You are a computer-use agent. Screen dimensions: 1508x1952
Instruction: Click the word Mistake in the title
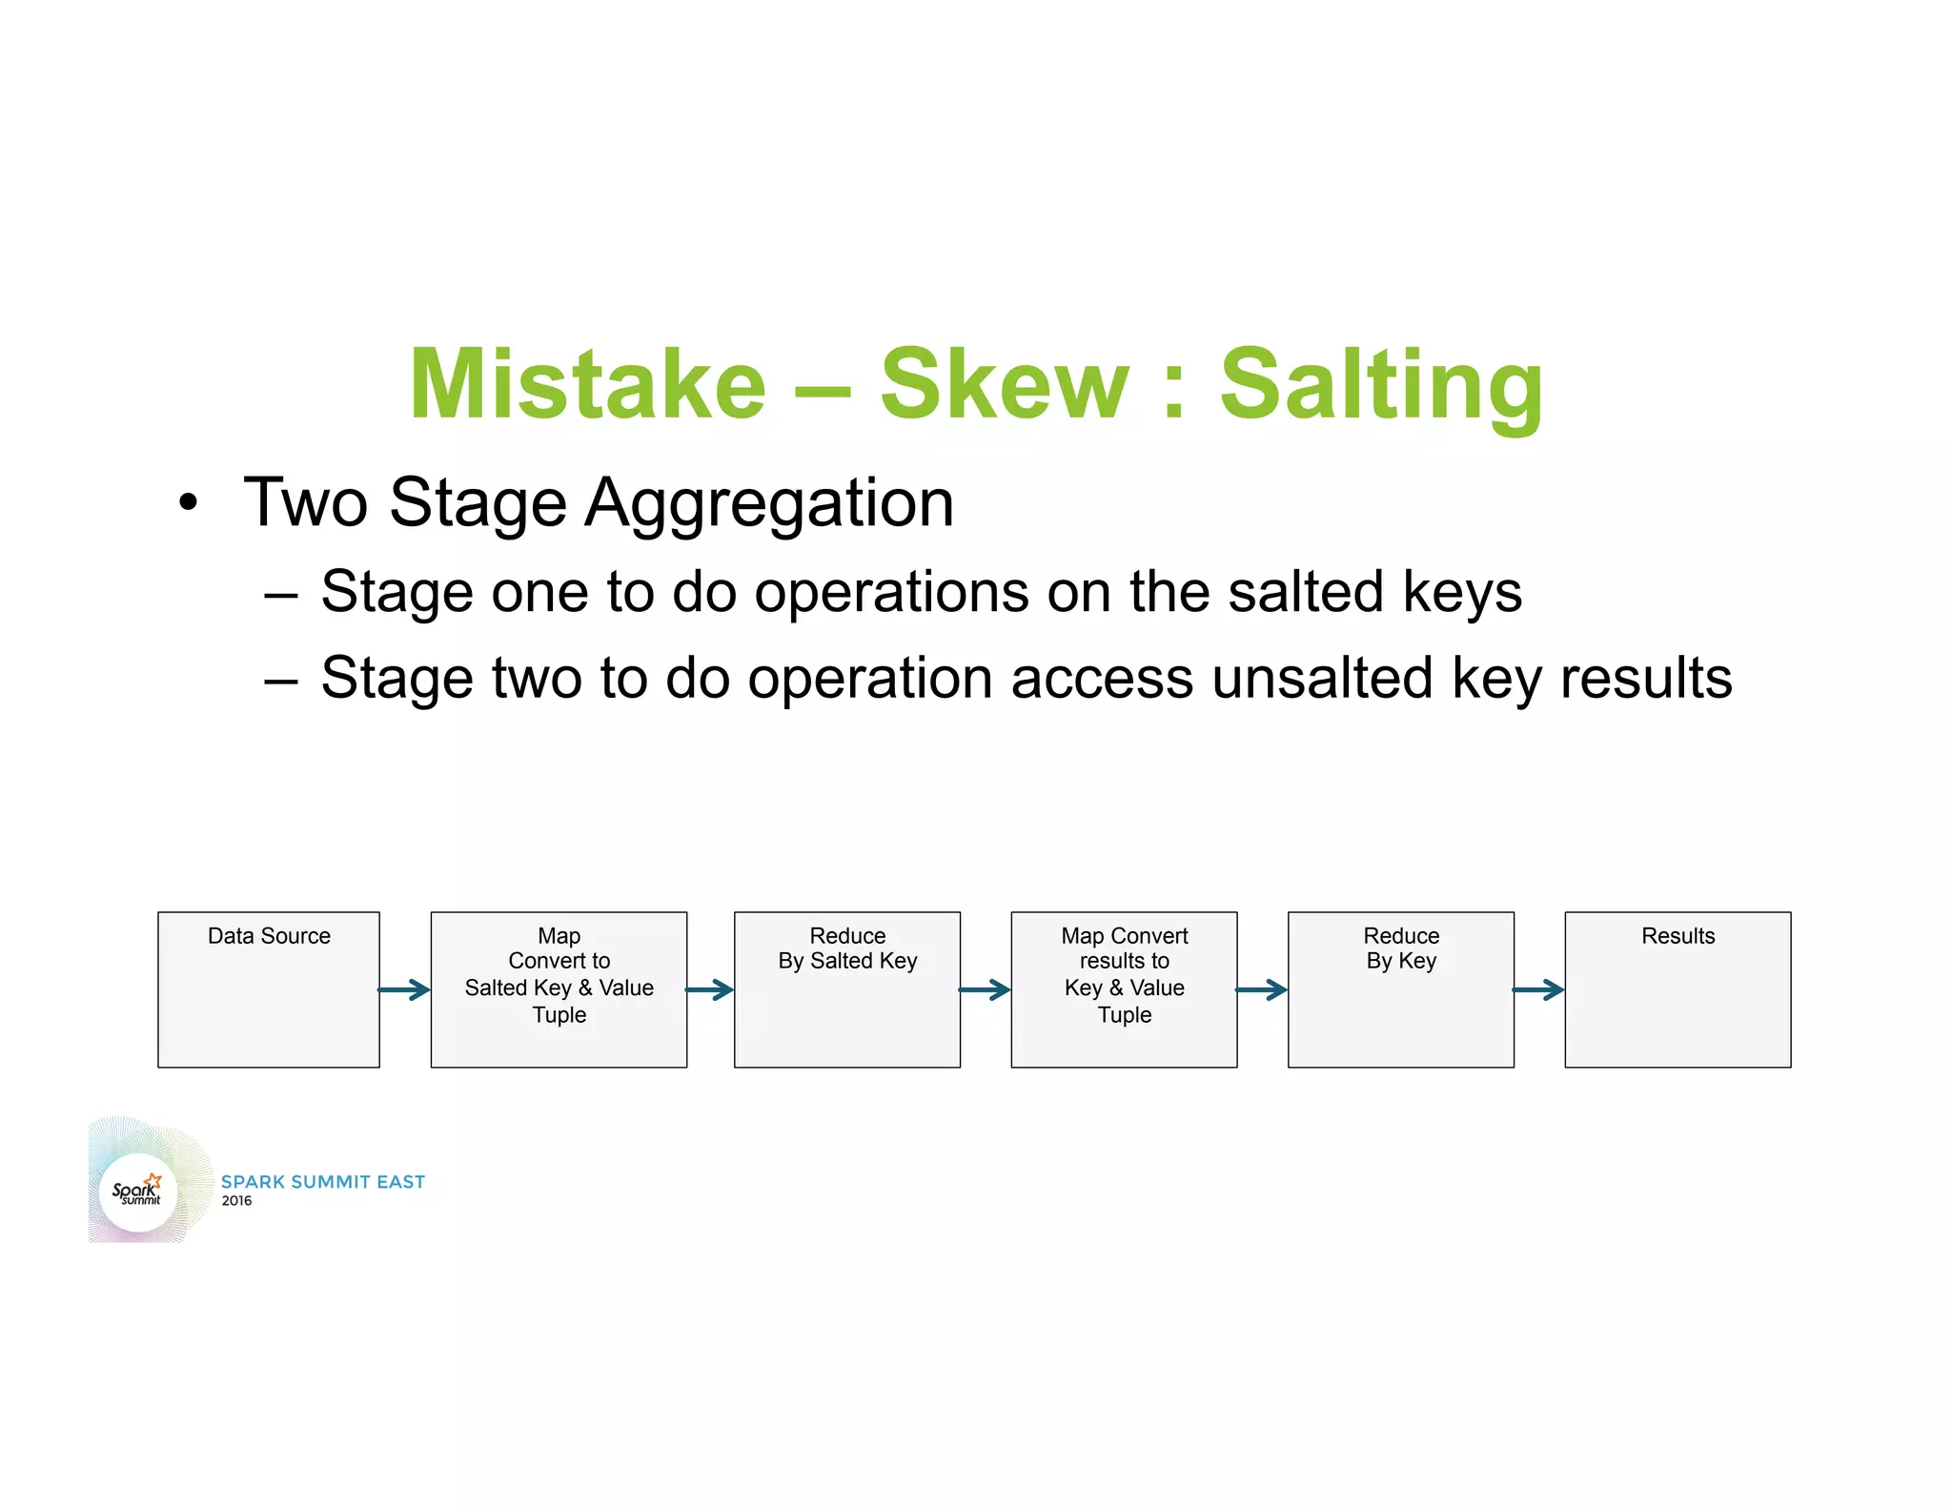click(x=587, y=383)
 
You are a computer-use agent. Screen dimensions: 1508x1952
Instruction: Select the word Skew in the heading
click(x=1004, y=383)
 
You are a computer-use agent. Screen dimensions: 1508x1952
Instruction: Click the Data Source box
click(x=269, y=989)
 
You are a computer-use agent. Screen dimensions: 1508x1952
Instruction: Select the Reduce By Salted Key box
click(x=846, y=989)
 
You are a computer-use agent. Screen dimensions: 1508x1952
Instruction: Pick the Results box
click(x=1677, y=989)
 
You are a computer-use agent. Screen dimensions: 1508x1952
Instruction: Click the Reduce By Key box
click(x=1400, y=989)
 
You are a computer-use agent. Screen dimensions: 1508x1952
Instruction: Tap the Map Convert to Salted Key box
click(x=559, y=989)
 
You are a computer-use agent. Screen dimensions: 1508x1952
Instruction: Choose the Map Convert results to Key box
click(x=1124, y=989)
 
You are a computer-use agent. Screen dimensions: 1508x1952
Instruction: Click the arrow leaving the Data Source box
click(x=405, y=989)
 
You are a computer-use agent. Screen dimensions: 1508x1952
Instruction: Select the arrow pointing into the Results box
click(x=1538, y=989)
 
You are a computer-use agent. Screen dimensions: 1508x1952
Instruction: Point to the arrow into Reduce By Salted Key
click(x=710, y=989)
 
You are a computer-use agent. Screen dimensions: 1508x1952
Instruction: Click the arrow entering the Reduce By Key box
click(x=1262, y=989)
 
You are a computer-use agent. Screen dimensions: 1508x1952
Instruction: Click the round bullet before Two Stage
click(x=189, y=503)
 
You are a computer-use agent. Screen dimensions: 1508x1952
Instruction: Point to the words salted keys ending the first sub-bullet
click(x=1373, y=591)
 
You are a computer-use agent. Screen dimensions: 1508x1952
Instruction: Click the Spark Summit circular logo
click(x=138, y=1192)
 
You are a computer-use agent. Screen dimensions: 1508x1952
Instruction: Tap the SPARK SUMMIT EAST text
click(x=323, y=1181)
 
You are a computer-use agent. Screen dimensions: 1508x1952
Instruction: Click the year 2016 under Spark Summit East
click(x=236, y=1201)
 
